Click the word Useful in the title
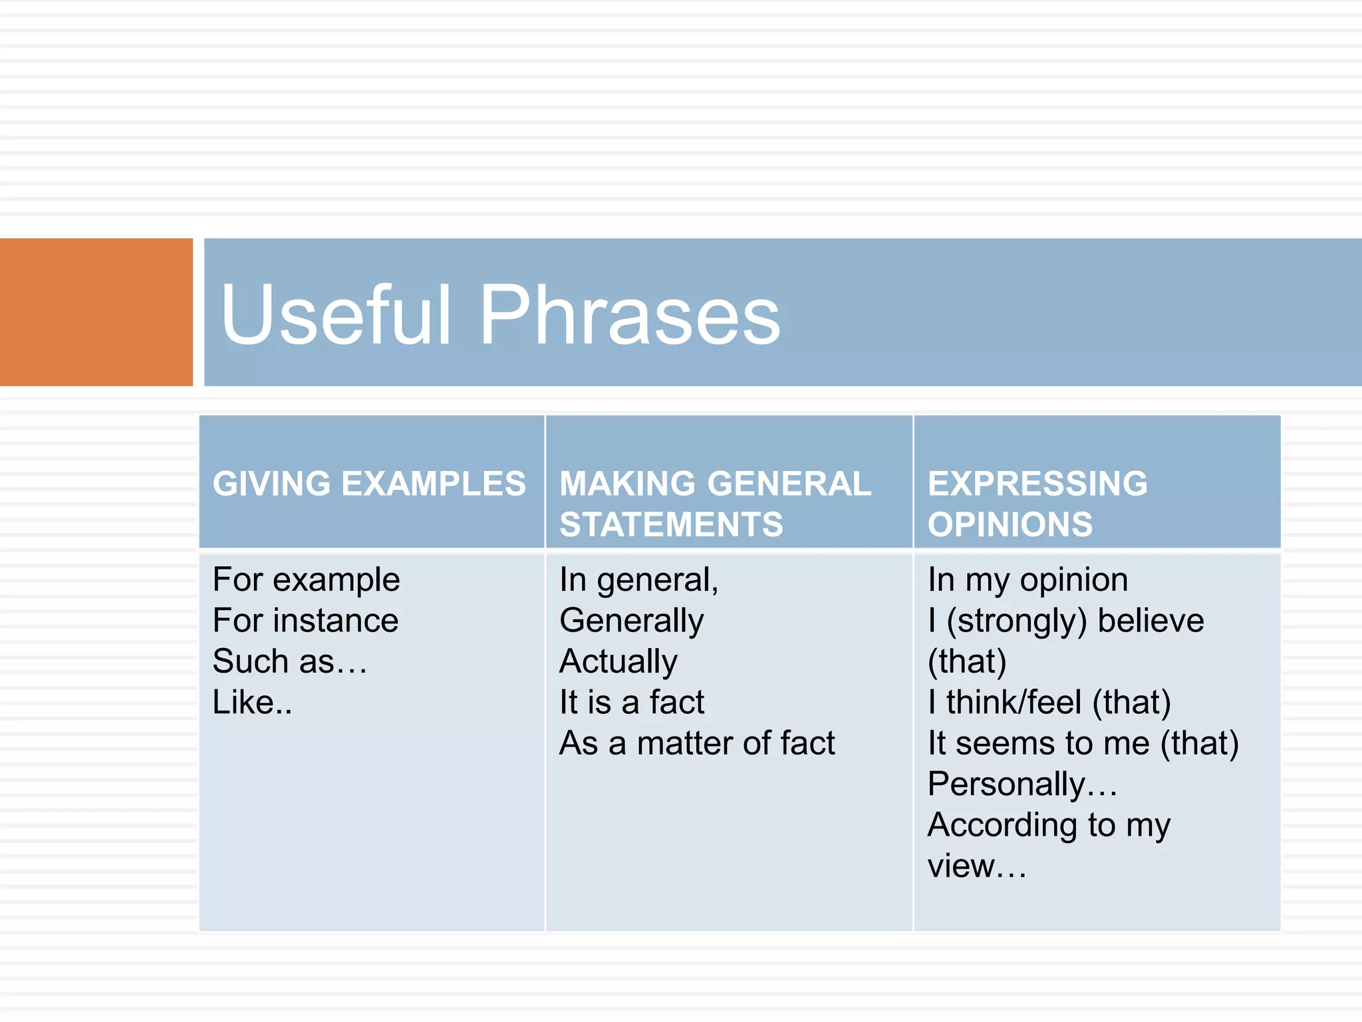336,315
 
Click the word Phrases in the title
629,315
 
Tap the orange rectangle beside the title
96,312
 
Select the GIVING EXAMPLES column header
369,484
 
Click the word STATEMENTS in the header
671,524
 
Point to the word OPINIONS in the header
1010,524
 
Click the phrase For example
306,580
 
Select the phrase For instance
305,621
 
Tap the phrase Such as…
289,662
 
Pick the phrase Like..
251,703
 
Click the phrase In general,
638,580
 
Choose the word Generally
631,621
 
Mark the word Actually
618,662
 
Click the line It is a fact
631,703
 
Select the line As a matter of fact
696,743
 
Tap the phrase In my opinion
1027,580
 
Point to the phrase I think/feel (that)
1049,703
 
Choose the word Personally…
1021,784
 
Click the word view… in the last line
976,866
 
